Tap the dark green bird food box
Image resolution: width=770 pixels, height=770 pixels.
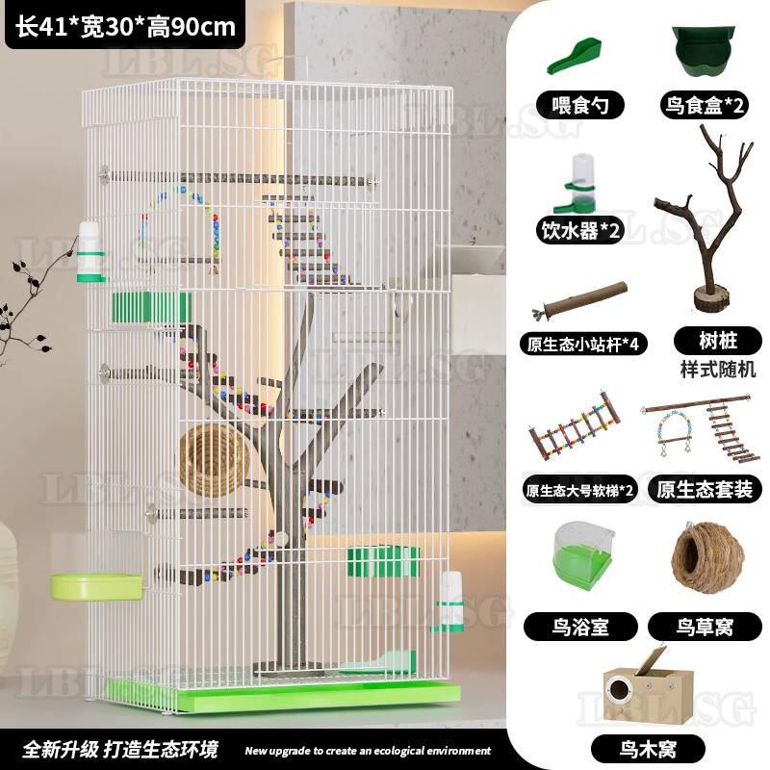pyautogui.click(x=704, y=50)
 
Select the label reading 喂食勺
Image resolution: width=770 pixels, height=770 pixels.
pyautogui.click(x=580, y=105)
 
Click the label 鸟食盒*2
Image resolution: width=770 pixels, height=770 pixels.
pyautogui.click(x=705, y=105)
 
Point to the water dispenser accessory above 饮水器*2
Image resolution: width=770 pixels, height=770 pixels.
pyautogui.click(x=578, y=183)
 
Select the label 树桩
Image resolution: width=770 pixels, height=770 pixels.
pyautogui.click(x=718, y=341)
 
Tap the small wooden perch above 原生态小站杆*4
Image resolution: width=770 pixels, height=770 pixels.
pyautogui.click(x=580, y=300)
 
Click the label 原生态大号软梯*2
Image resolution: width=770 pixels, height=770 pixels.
pyautogui.click(x=579, y=490)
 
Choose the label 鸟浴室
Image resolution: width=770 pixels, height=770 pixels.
pyautogui.click(x=580, y=627)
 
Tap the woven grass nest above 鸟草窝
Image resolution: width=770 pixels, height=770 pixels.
pyautogui.click(x=707, y=556)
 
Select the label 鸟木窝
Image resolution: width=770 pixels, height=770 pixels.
pyautogui.click(x=648, y=750)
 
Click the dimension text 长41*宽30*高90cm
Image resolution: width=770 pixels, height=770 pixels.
pyautogui.click(x=125, y=26)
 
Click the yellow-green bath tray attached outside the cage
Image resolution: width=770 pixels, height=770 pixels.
pyautogui.click(x=97, y=587)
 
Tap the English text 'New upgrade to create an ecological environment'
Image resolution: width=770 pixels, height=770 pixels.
pyautogui.click(x=368, y=751)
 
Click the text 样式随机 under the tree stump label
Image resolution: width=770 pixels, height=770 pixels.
pyautogui.click(x=717, y=370)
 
